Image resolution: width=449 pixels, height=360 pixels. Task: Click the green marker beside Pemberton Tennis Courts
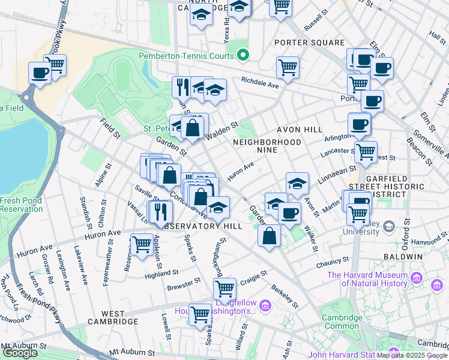243,56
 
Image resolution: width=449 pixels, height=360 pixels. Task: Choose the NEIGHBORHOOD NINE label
267,146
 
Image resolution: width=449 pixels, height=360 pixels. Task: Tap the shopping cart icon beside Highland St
142,244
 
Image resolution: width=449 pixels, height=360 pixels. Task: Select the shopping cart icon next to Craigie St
224,289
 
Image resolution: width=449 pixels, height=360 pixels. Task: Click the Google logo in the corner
19,353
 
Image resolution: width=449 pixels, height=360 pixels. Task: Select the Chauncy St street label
333,262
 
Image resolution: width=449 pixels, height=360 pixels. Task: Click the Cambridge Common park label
342,322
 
